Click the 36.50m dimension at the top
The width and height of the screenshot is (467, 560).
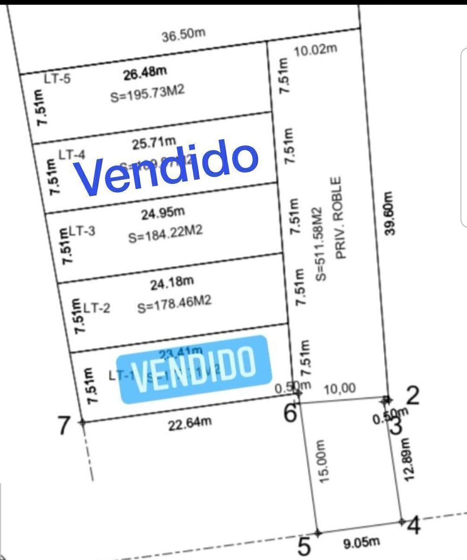coord(184,35)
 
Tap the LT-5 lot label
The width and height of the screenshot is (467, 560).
coord(57,78)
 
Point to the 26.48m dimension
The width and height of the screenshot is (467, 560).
coord(145,73)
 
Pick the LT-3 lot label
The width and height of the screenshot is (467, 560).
coord(83,231)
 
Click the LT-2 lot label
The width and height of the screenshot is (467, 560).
coord(96,308)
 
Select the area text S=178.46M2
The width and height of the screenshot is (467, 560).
coord(174,303)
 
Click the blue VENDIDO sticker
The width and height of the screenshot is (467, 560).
coord(194,369)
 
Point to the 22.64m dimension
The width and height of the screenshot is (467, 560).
coord(190,423)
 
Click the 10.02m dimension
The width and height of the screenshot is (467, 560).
coord(316,50)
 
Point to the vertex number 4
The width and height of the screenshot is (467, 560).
coord(414,526)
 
